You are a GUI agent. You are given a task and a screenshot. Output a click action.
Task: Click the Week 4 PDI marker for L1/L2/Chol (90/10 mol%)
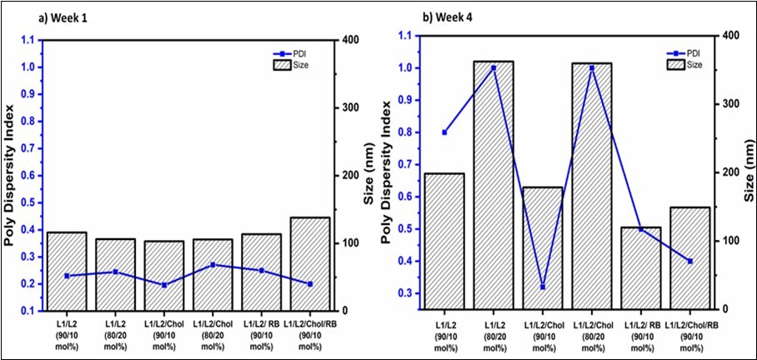click(x=543, y=287)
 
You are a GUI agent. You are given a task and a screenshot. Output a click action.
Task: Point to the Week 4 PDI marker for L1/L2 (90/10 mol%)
click(x=444, y=132)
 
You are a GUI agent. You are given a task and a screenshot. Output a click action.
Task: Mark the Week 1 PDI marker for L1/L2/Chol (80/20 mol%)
click(x=213, y=265)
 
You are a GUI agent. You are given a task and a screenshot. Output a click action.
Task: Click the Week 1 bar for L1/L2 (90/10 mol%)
click(x=67, y=270)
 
